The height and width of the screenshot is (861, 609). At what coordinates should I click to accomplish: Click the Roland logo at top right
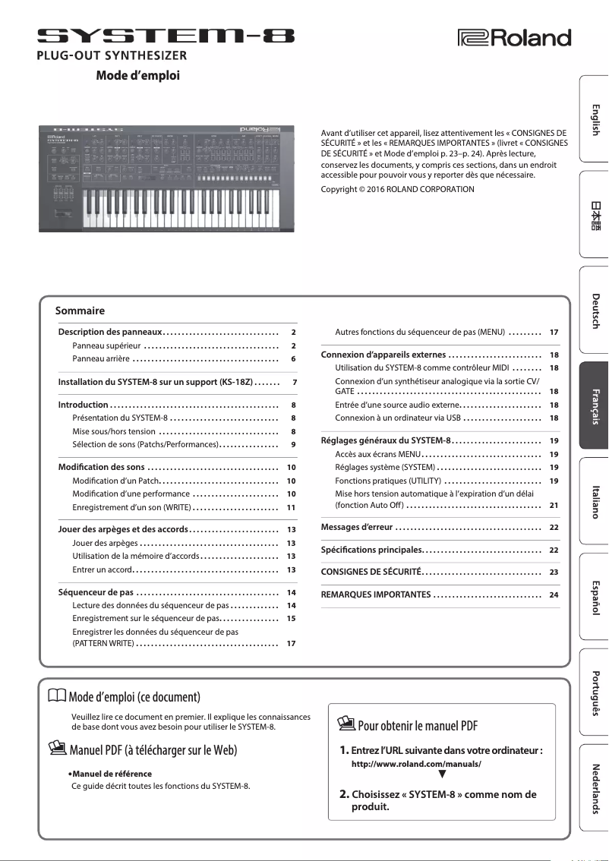pyautogui.click(x=513, y=36)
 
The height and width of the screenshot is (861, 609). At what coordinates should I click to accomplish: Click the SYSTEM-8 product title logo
pyautogui.click(x=166, y=34)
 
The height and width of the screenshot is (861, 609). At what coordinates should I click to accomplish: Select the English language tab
pyautogui.click(x=595, y=119)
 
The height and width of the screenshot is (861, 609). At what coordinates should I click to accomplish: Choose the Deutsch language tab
pyautogui.click(x=595, y=310)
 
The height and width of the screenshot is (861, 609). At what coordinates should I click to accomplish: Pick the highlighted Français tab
pyautogui.click(x=595, y=405)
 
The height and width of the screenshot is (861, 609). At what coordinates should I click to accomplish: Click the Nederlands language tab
pyautogui.click(x=595, y=788)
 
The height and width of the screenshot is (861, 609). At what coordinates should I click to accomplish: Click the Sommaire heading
pyautogui.click(x=80, y=311)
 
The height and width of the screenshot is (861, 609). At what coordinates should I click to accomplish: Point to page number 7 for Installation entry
pyautogui.click(x=294, y=381)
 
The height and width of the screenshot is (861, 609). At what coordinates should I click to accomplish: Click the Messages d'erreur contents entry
pyautogui.click(x=357, y=527)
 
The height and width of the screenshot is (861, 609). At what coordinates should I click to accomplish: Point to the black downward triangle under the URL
pyautogui.click(x=442, y=776)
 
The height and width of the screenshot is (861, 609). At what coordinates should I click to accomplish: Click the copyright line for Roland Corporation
pyautogui.click(x=398, y=189)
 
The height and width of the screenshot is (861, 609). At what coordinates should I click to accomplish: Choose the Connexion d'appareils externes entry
pyautogui.click(x=383, y=355)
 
